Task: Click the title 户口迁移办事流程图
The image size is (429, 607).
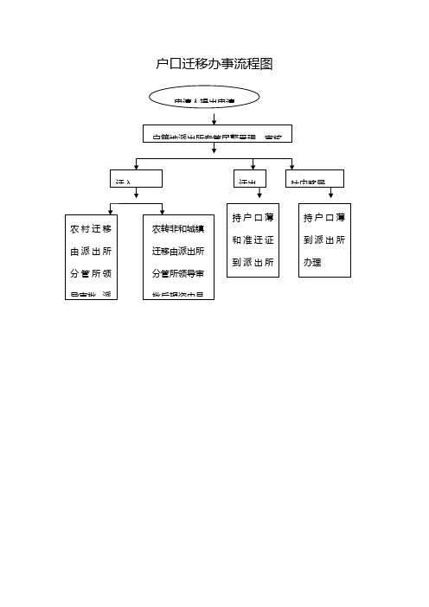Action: click(x=214, y=64)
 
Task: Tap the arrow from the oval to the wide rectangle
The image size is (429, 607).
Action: click(x=214, y=117)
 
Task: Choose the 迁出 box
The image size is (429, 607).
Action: click(x=252, y=178)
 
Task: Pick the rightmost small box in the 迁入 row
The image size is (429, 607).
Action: click(x=317, y=178)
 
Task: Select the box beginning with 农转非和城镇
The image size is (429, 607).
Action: click(x=178, y=256)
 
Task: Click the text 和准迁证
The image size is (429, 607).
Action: click(x=253, y=239)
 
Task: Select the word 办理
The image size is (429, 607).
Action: click(x=312, y=260)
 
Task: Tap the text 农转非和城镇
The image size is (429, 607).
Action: click(x=178, y=229)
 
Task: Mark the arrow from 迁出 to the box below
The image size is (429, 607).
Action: click(x=258, y=195)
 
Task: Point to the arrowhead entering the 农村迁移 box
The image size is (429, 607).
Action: click(x=107, y=210)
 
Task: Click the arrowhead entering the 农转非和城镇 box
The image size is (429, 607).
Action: click(x=163, y=210)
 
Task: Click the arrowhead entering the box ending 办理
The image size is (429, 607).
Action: click(x=331, y=198)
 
